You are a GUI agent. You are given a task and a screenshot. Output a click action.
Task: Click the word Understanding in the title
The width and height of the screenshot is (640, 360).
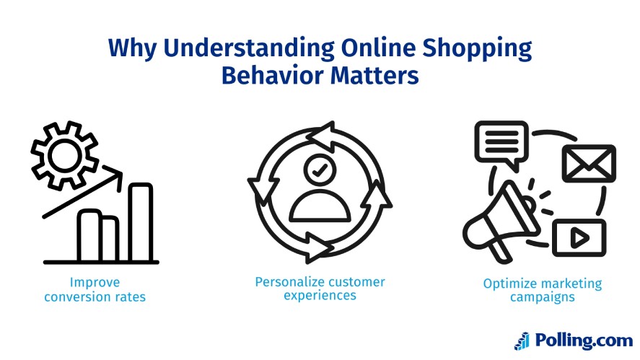point(227,48)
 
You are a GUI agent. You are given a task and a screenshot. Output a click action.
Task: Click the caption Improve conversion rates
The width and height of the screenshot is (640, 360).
point(95,289)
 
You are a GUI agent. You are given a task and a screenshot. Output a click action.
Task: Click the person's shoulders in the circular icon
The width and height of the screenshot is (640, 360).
point(320,208)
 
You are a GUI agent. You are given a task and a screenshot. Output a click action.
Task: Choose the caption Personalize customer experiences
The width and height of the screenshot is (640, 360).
point(320,288)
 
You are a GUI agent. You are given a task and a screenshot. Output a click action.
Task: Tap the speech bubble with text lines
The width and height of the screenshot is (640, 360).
point(499,141)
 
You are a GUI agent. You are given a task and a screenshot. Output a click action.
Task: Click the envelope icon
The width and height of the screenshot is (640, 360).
point(589,164)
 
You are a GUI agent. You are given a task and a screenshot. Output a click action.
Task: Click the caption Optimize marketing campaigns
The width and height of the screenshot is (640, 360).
point(542,290)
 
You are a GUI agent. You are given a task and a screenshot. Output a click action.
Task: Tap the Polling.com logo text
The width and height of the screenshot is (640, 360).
point(584,340)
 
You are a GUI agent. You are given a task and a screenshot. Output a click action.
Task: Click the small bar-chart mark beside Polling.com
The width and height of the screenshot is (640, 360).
point(522,341)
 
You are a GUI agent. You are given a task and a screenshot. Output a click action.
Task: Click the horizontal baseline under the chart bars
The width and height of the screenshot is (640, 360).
point(101,262)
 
